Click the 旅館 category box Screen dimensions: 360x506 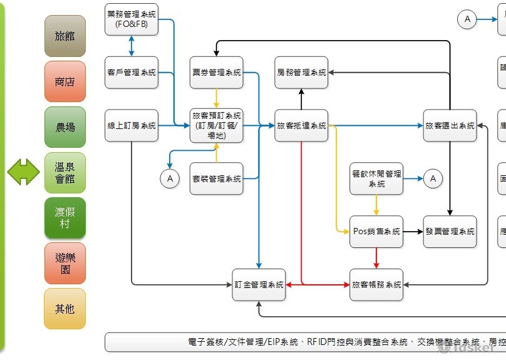coord(65,36)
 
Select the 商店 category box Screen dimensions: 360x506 coord(65,81)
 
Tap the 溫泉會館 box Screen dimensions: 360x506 coord(65,173)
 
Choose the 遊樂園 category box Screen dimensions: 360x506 coord(65,264)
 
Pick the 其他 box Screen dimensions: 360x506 coord(65,309)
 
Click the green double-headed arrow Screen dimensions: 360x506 coord(24,172)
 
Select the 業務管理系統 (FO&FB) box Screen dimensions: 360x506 coord(132,19)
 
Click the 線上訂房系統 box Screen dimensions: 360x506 coord(132,125)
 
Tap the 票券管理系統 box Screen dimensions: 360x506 coord(216,73)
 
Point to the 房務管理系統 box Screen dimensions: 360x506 coord(301,73)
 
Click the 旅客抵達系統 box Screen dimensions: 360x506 coord(301,125)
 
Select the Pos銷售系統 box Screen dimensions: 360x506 coord(376,232)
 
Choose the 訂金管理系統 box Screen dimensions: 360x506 coord(259,284)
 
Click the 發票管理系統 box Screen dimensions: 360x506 coord(450,232)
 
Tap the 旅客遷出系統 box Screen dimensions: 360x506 coord(450,125)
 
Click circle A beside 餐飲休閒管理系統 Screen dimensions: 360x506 coord(433,178)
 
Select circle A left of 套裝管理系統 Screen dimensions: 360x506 coord(169,178)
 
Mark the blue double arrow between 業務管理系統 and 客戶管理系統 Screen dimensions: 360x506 coord(132,46)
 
